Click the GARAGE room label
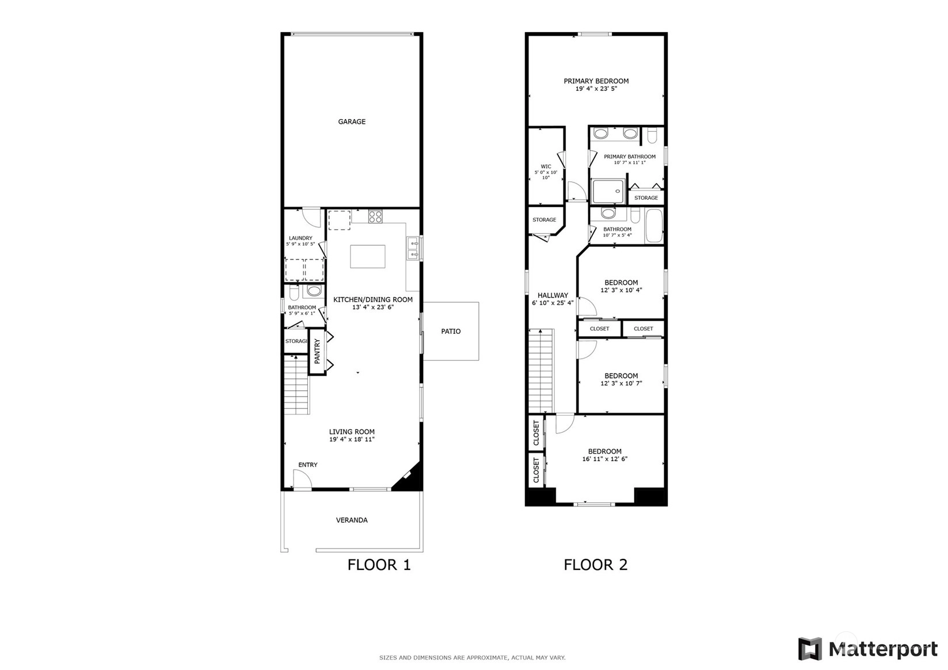pos(352,122)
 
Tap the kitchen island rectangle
pos(367,257)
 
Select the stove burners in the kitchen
pos(375,216)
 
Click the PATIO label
pos(451,332)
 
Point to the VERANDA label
pos(352,520)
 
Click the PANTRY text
pos(317,351)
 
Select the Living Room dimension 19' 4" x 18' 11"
pos(352,439)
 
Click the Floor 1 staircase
pos(296,385)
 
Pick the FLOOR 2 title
pos(595,565)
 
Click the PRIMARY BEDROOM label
pos(596,81)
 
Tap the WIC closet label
pos(546,167)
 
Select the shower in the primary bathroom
pos(608,191)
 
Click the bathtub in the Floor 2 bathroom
pos(653,226)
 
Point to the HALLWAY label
pos(553,295)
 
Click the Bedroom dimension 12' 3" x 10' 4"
pos(621,290)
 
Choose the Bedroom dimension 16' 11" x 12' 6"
pos(604,459)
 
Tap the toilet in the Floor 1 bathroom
pos(294,292)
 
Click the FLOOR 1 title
pos(379,565)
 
